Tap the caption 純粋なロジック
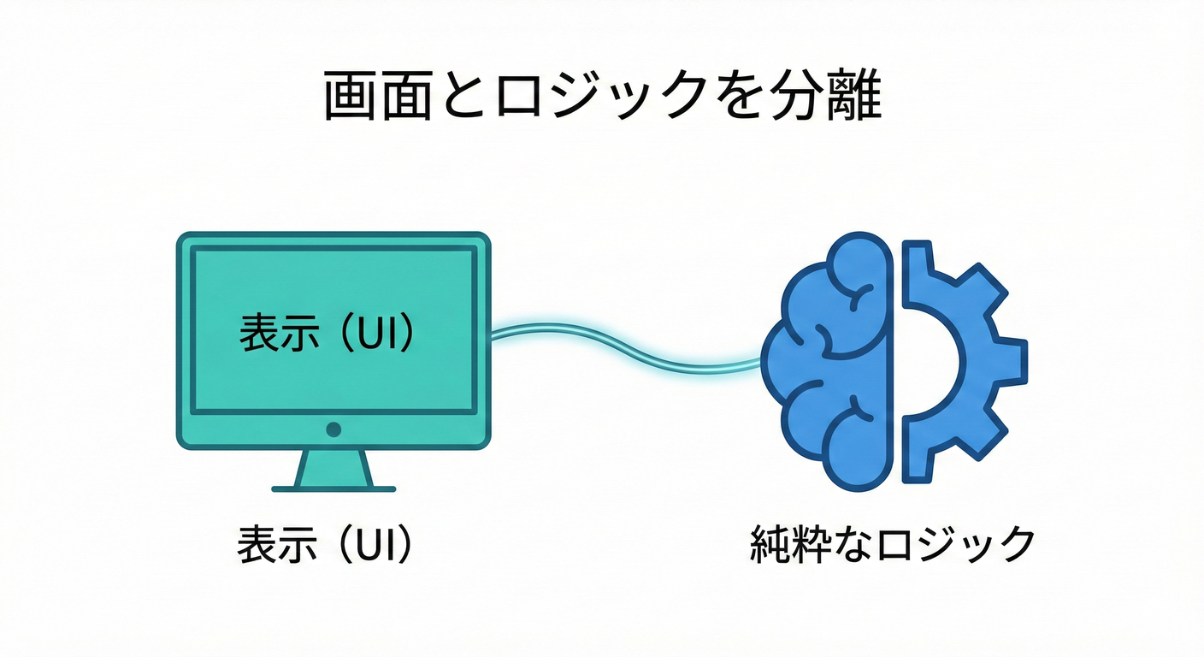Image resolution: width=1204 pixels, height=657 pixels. click(893, 544)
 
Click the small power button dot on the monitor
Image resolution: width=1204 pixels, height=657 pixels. click(333, 429)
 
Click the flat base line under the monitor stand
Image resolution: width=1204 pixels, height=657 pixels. click(333, 489)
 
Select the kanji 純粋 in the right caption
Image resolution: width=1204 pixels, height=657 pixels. click(783, 544)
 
